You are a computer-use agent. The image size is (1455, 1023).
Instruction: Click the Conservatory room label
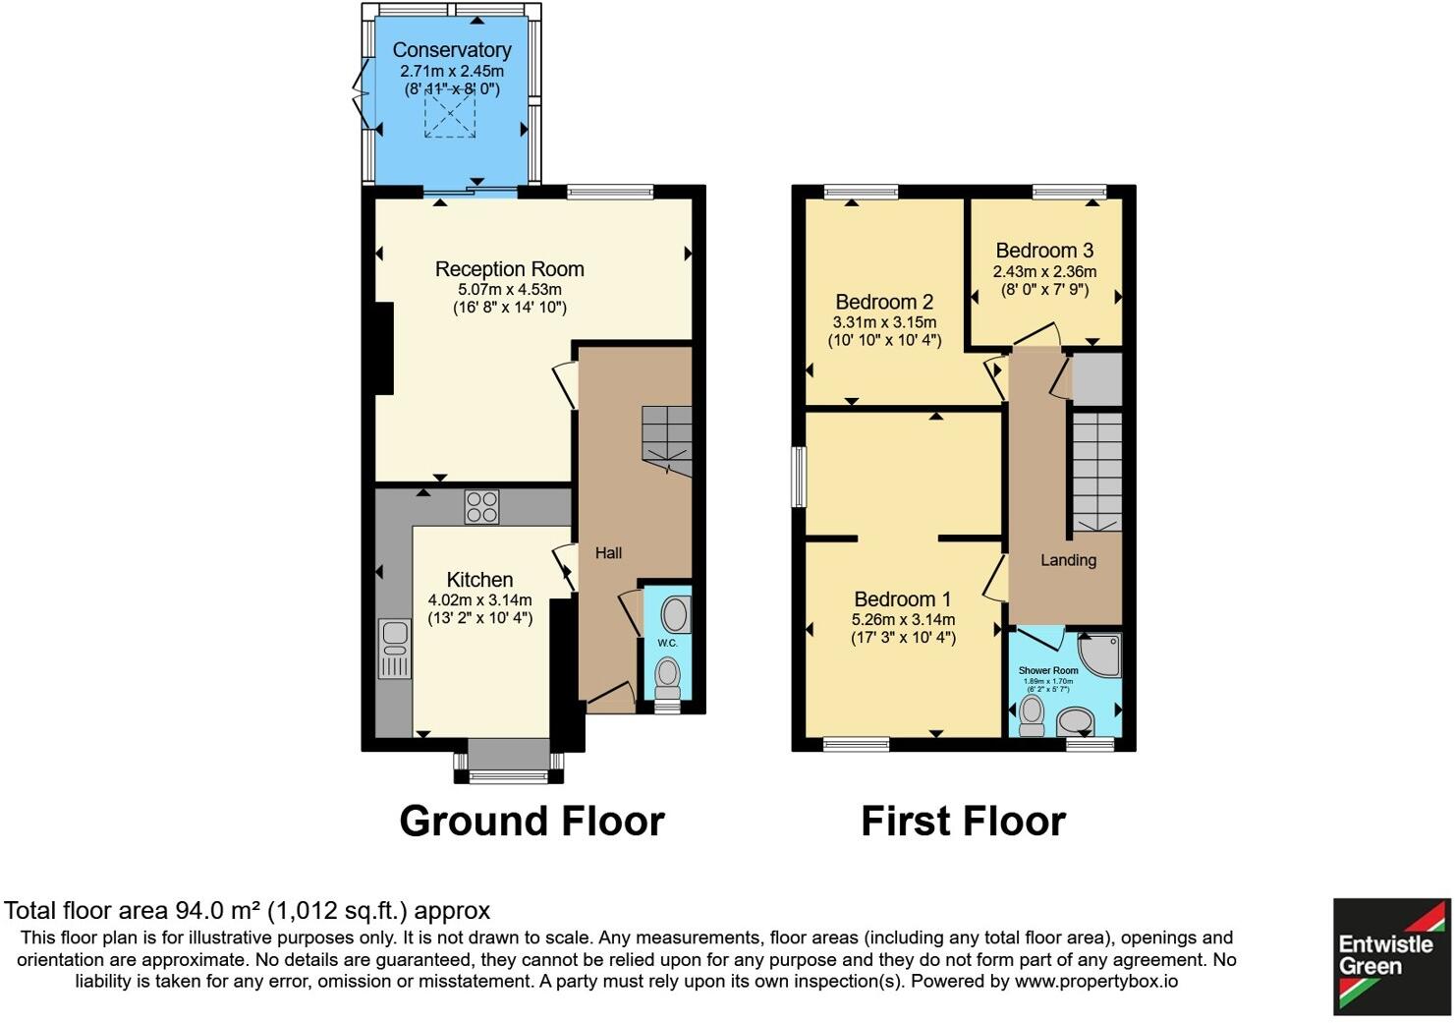coord(451,50)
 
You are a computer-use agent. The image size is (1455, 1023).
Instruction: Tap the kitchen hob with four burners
coord(481,506)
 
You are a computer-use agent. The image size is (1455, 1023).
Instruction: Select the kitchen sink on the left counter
coord(395,649)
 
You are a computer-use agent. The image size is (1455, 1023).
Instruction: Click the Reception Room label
coord(509,269)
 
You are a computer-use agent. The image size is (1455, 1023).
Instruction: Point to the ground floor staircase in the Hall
coord(667,439)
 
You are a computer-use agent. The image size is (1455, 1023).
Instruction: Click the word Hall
coord(608,553)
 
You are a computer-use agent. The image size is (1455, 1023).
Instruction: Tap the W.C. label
coord(667,643)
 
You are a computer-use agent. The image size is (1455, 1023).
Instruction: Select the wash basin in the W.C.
coord(674,614)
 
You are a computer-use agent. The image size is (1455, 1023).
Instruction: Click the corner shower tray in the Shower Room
coord(1099,654)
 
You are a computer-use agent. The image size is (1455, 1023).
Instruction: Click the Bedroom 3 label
coord(1044,251)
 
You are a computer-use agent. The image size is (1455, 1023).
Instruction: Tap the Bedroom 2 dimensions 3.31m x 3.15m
coord(884,322)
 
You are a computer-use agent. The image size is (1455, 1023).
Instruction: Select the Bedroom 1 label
coord(902,599)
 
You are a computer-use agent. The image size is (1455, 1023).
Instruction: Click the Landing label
coord(1068,560)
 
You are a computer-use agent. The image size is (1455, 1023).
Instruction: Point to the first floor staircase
coord(1095,472)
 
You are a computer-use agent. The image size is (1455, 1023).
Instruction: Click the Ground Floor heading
coord(532,822)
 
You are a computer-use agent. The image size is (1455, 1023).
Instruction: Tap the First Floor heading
coord(963,822)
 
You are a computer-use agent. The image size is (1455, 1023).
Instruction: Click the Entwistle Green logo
coord(1390,955)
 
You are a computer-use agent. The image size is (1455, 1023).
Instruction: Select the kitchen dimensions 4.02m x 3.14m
coord(479,600)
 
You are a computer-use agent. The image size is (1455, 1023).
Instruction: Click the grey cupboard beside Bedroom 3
coord(1096,379)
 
